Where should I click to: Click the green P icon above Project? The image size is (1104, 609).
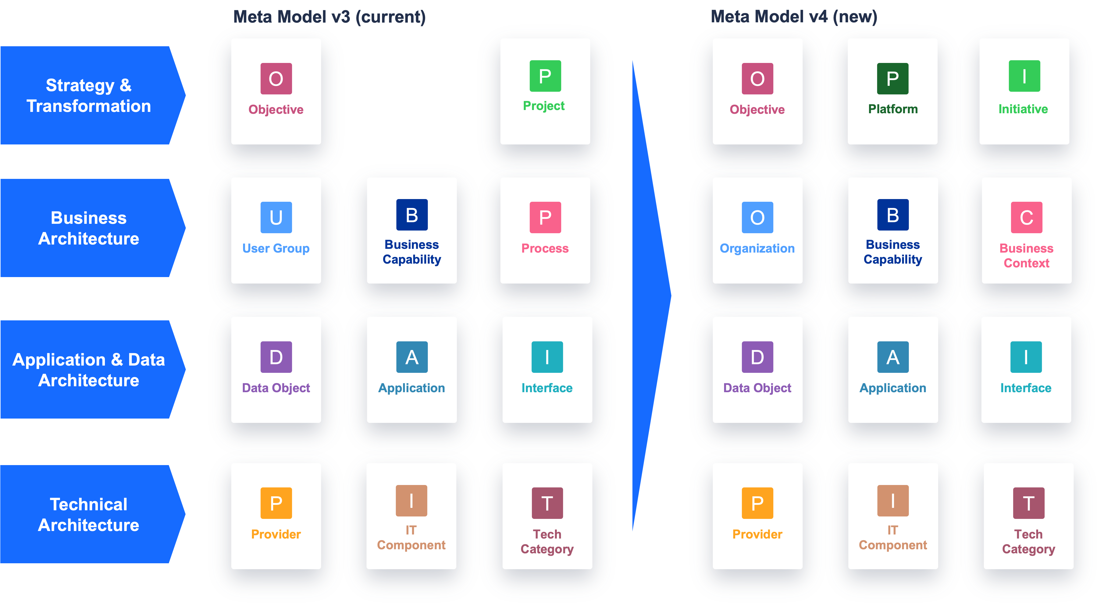(x=545, y=76)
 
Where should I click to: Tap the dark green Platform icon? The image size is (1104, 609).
(x=893, y=79)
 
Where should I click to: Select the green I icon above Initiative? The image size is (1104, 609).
(x=1024, y=76)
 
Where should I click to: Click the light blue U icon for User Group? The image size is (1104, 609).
(x=276, y=217)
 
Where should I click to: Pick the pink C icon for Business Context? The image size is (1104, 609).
(x=1026, y=217)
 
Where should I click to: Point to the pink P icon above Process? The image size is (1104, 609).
(x=545, y=217)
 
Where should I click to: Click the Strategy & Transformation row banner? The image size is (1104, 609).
(x=92, y=95)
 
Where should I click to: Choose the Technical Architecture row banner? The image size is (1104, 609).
(x=92, y=514)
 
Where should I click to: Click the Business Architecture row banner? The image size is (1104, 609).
(x=92, y=228)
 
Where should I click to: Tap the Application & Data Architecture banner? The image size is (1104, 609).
(x=92, y=369)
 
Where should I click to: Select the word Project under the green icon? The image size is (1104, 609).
(x=544, y=106)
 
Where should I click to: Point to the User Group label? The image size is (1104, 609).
(x=276, y=248)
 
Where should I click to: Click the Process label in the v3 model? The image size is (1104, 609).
(x=545, y=248)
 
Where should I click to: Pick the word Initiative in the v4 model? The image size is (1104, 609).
(x=1023, y=109)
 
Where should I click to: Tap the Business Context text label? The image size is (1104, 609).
(x=1026, y=256)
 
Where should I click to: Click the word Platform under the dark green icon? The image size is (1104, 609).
(x=893, y=109)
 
